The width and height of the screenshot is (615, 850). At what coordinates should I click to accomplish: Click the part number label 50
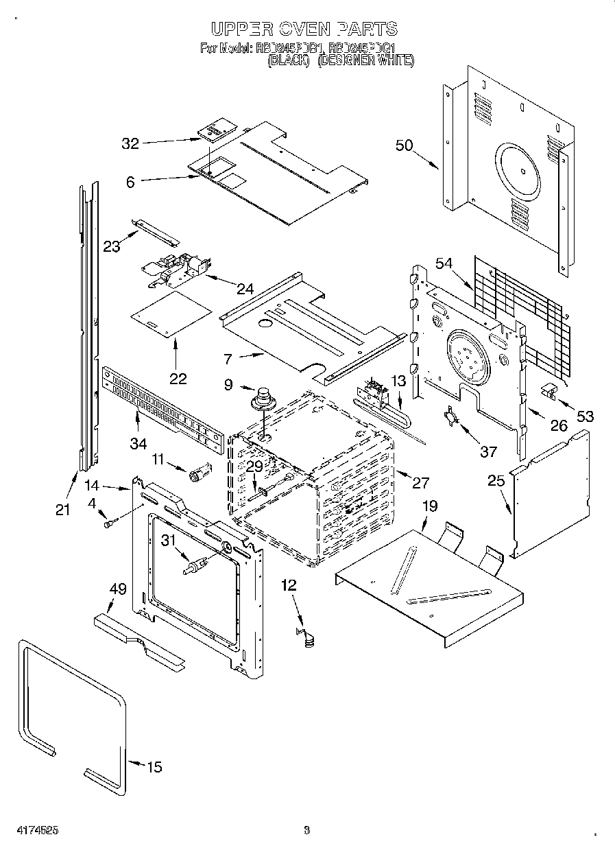coord(405,145)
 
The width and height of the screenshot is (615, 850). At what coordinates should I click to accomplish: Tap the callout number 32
coord(130,143)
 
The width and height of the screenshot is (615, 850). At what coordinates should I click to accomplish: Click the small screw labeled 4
coord(109,524)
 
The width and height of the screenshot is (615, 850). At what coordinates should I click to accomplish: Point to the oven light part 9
coord(263,399)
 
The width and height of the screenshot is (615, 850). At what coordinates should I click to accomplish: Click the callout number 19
coord(429,507)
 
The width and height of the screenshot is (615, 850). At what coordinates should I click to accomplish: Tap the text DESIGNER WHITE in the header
coord(366,60)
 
